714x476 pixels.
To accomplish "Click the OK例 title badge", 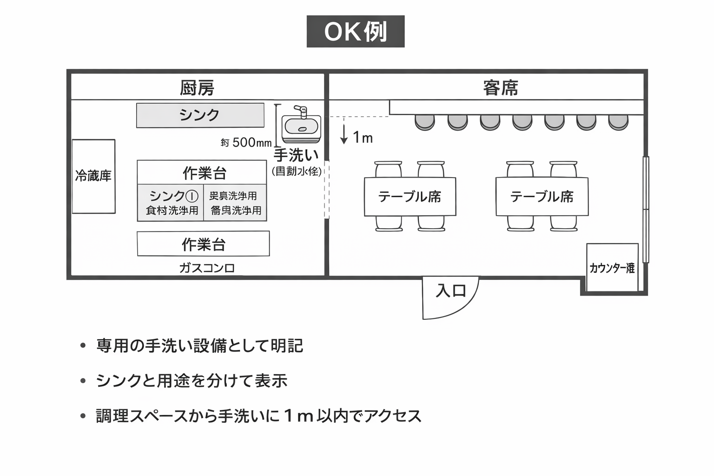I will [x=355, y=32].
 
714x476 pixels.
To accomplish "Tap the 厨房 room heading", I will [x=197, y=87].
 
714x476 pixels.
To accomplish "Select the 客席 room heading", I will [x=500, y=87].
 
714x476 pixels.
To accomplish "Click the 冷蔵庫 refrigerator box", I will [x=93, y=176].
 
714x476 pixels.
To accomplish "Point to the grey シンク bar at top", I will [x=200, y=115].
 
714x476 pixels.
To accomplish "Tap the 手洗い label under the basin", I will [x=296, y=155].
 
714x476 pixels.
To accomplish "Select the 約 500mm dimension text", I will [x=246, y=142].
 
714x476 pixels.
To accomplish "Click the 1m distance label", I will [x=363, y=138].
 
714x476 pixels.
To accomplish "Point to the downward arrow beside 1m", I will [x=344, y=132].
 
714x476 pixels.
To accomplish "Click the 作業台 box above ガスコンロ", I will [x=203, y=244].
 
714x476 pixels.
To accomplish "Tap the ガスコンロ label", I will [x=207, y=268].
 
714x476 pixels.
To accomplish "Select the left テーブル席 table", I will [x=410, y=197].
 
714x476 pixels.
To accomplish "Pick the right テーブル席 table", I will [x=542, y=197].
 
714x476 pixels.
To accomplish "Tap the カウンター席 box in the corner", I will [x=612, y=268].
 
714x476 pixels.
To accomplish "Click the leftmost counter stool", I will [x=424, y=122].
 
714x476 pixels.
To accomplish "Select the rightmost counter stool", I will [x=618, y=122].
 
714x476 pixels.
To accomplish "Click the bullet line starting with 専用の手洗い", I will [x=199, y=346].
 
